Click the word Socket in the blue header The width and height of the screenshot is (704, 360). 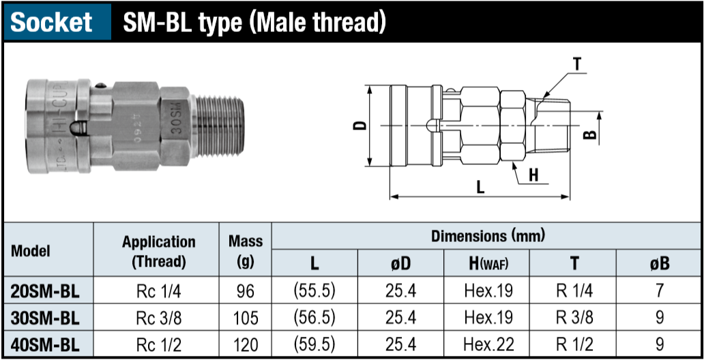(x=52, y=22)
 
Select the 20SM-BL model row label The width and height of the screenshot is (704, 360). (x=45, y=291)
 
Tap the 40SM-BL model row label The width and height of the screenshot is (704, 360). (x=45, y=344)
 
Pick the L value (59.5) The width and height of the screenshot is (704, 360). (x=314, y=344)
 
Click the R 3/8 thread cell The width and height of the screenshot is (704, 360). (x=574, y=318)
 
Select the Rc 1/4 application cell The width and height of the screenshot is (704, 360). (x=158, y=291)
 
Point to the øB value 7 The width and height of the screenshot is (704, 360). (x=659, y=291)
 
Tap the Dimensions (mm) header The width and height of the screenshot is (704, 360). (x=488, y=237)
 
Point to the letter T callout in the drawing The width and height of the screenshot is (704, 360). (x=577, y=65)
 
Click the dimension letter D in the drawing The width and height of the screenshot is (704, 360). (x=362, y=125)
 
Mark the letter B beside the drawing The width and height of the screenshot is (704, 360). (x=591, y=134)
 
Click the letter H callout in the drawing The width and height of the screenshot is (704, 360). (x=533, y=175)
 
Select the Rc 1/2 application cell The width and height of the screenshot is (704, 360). (x=158, y=344)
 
